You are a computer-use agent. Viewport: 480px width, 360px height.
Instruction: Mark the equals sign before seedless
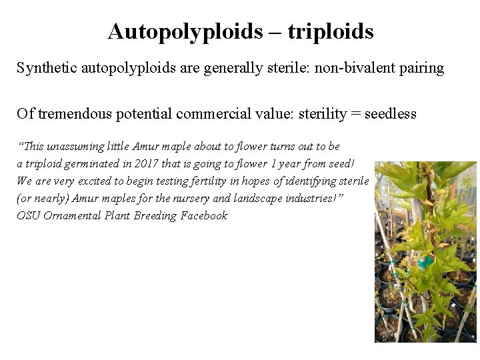point(355,114)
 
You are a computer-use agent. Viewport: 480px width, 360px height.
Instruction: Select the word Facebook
point(204,216)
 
